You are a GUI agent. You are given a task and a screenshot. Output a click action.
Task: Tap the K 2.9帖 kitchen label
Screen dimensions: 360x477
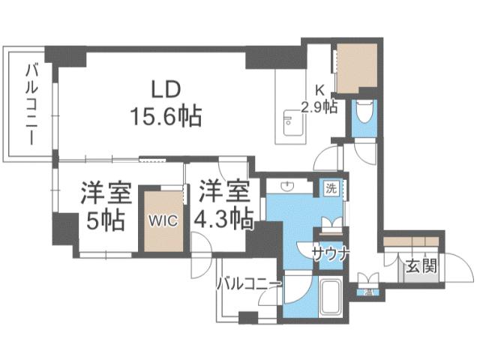click(x=318, y=98)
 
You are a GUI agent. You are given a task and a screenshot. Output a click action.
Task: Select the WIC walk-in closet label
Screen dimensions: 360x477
click(x=163, y=222)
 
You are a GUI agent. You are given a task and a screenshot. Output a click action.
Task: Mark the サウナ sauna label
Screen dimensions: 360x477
click(x=330, y=253)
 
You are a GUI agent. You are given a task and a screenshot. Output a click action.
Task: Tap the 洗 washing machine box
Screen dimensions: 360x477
click(x=331, y=189)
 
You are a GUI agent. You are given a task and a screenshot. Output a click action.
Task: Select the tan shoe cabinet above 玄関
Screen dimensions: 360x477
click(x=412, y=241)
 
